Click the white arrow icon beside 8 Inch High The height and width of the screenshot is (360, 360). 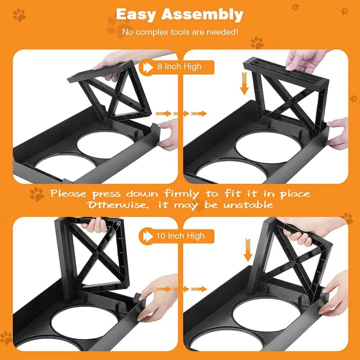pyautogui.click(x=147, y=67)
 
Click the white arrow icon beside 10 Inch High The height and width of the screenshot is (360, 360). pyautogui.click(x=147, y=235)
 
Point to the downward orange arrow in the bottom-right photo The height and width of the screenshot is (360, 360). pyautogui.click(x=247, y=249)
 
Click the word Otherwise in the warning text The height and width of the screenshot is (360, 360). pyautogui.click(x=115, y=205)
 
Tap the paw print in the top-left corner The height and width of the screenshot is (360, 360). pyautogui.click(x=19, y=15)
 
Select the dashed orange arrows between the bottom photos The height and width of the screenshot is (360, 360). pyautogui.click(x=180, y=289)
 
